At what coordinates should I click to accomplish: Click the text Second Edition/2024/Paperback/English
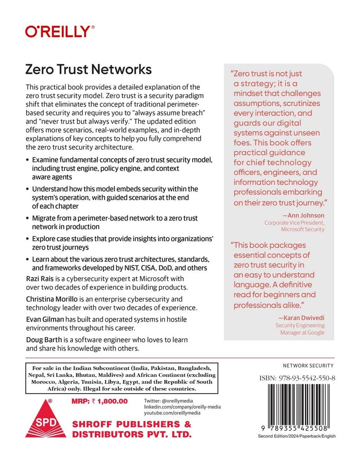click(297, 436)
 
